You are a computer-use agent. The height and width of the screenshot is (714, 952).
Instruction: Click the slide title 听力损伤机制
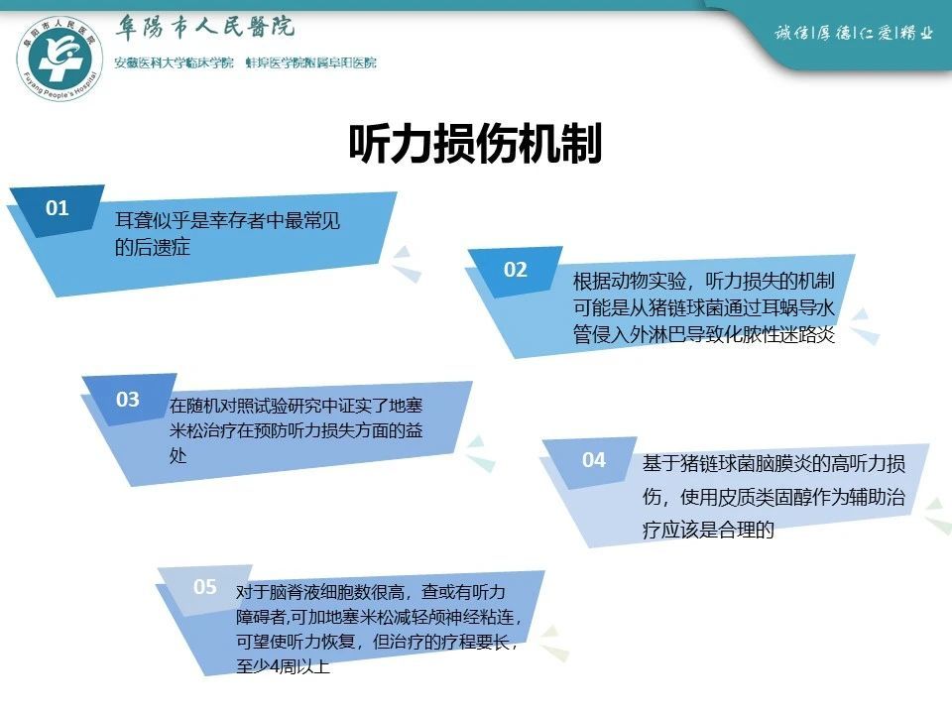(x=475, y=143)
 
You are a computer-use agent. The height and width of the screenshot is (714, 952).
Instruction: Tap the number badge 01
(x=58, y=208)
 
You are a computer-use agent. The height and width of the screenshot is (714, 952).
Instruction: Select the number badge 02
(x=516, y=269)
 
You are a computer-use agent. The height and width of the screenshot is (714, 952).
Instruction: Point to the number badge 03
(x=128, y=399)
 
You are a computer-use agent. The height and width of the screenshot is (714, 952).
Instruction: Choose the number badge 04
(x=594, y=459)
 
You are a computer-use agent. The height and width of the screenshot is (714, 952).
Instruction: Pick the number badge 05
(x=204, y=586)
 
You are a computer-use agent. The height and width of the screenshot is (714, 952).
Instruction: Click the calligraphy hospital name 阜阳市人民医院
(x=205, y=28)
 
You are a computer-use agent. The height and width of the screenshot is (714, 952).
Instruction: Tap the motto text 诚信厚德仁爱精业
(x=854, y=32)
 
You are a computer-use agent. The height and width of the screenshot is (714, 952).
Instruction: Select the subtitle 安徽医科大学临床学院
(x=175, y=62)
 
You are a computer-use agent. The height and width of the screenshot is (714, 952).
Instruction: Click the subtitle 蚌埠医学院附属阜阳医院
(x=311, y=62)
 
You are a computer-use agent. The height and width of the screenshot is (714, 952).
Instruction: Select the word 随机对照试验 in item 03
(x=236, y=405)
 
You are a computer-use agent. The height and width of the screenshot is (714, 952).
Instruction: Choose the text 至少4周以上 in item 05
(x=283, y=666)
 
